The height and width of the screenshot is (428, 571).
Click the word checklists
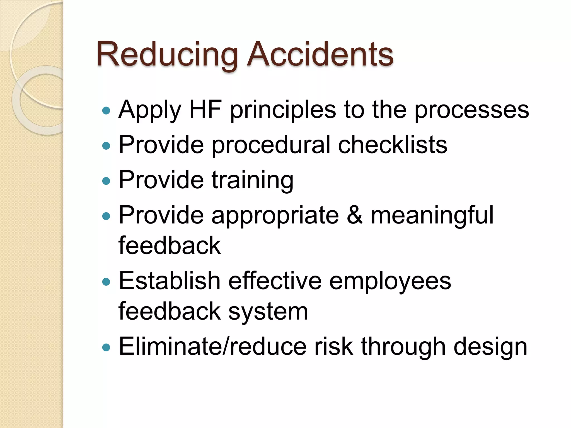[x=393, y=145]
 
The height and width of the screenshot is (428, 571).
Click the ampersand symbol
[x=355, y=215]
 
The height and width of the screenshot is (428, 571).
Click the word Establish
[x=170, y=281]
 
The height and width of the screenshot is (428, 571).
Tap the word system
[x=268, y=312]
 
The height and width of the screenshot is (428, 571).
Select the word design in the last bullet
[x=490, y=347]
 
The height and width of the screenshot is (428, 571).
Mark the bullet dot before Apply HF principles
[x=106, y=111]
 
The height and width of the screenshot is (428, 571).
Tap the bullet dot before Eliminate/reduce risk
[x=106, y=347]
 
